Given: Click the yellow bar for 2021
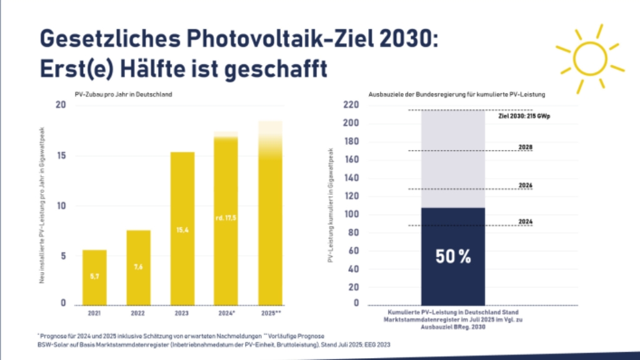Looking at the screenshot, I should [x=94, y=277].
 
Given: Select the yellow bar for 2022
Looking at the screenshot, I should [x=139, y=267].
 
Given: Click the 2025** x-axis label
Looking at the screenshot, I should [x=270, y=312].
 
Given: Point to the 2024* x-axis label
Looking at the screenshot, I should [x=226, y=312].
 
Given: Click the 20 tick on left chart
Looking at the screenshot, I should [x=61, y=105].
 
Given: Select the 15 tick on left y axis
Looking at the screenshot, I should [x=61, y=156].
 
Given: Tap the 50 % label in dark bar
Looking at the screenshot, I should [x=453, y=256].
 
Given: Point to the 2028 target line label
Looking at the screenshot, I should [x=526, y=147].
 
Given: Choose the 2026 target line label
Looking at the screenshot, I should [x=526, y=185].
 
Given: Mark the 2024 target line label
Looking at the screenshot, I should [x=526, y=221].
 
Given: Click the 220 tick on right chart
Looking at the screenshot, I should [x=351, y=105].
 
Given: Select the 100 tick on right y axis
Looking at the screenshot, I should [x=351, y=215].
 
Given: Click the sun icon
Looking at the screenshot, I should [x=589, y=59].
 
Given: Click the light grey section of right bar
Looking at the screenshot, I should [x=453, y=159].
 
